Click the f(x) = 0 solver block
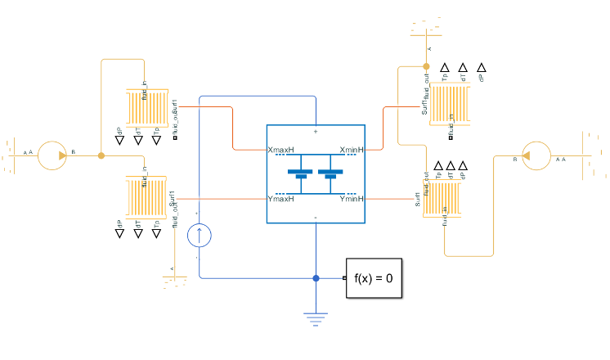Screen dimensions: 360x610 click(x=374, y=278)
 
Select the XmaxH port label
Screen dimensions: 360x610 click(x=280, y=151)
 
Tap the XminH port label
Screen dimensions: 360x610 click(x=351, y=151)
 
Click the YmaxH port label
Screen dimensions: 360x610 click(x=280, y=199)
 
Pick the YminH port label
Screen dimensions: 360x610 click(x=351, y=199)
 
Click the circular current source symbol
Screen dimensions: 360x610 click(x=200, y=236)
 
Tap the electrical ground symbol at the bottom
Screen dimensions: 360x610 click(x=316, y=317)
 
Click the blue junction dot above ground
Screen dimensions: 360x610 click(x=316, y=278)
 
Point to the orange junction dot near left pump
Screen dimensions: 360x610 click(x=101, y=155)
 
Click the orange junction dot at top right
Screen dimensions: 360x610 click(x=426, y=65)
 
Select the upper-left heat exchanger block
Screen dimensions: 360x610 click(x=146, y=107)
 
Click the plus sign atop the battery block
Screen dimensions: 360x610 click(x=316, y=131)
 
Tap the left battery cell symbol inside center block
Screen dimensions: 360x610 click(x=301, y=174)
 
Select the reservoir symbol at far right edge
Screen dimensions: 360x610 click(x=591, y=155)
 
